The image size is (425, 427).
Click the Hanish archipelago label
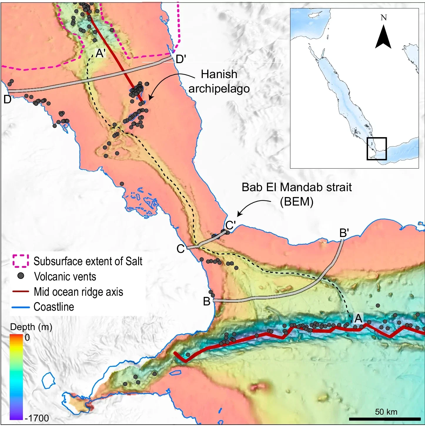(x=219, y=81)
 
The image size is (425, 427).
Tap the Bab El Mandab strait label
(x=297, y=194)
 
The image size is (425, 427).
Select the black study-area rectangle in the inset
(x=377, y=149)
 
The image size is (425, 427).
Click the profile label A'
(x=101, y=53)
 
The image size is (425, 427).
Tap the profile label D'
(x=180, y=59)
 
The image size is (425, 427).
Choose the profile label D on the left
(x=7, y=99)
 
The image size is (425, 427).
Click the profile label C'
(x=230, y=225)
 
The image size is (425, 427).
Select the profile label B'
(x=344, y=233)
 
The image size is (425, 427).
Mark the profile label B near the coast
(x=207, y=301)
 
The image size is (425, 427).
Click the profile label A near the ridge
(x=358, y=318)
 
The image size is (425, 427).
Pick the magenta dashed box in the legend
(x=21, y=261)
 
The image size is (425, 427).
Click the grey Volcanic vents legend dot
(x=21, y=276)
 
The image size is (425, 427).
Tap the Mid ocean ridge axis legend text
(x=78, y=292)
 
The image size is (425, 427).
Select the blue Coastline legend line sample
(x=21, y=307)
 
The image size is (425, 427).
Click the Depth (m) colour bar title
(x=31, y=327)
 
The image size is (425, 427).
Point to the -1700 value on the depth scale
(x=37, y=418)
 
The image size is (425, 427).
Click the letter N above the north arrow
(x=384, y=18)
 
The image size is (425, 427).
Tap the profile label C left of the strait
(x=180, y=249)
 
